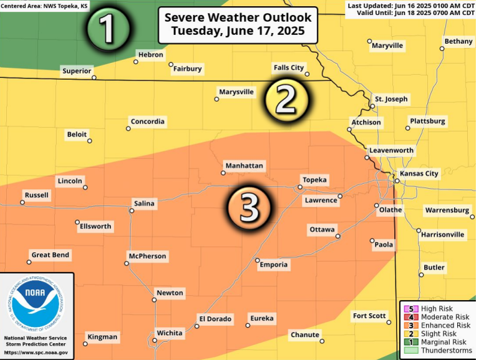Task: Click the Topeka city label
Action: coord(314,180)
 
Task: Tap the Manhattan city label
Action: coord(244,166)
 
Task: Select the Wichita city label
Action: coord(170,333)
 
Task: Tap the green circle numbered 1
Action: coord(109,28)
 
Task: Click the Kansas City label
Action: coord(419,173)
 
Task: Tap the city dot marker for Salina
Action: coord(132,211)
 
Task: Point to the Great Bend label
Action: coord(51,255)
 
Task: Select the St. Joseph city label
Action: coord(391,99)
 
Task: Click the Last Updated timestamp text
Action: coord(412,4)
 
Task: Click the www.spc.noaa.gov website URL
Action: coord(37,353)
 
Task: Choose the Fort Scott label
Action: coord(369,316)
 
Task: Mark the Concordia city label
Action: coord(147,121)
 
